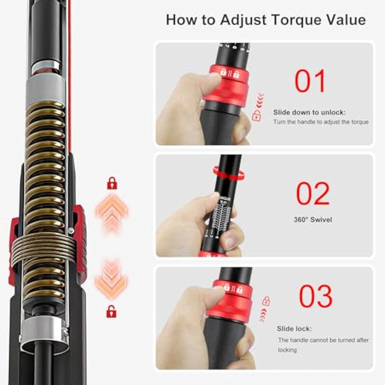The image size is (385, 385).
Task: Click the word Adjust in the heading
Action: pos(243,19)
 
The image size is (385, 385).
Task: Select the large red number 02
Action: pos(313,193)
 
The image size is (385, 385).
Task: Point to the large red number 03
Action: pos(315,296)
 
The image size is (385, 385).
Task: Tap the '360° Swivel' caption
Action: pos(314,219)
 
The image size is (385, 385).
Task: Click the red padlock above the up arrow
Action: pos(112,184)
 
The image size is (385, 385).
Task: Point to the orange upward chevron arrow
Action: pos(112,212)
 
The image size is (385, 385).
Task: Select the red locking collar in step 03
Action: pos(230,299)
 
